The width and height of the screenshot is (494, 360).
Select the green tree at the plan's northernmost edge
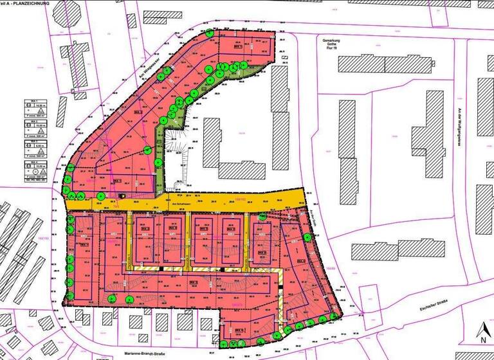pyautogui.click(x=210, y=33)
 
